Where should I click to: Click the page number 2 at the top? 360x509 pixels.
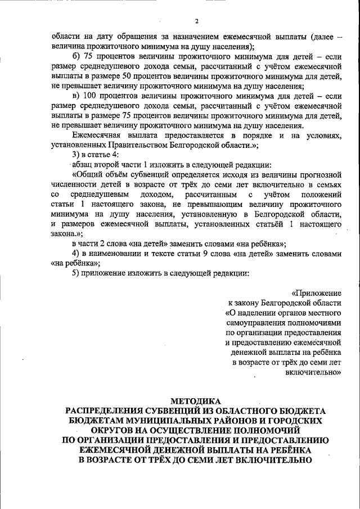197,21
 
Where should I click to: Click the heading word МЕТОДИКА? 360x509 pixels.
196,401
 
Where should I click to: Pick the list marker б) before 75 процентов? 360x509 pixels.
76,57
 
